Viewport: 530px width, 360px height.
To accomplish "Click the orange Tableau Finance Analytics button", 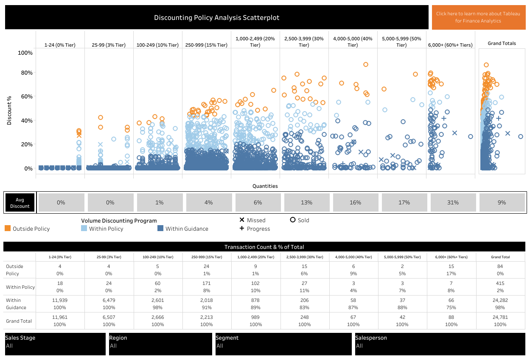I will point(478,17).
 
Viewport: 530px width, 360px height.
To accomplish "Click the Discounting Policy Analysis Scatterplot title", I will point(216,17).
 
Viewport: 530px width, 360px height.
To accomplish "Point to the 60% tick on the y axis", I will point(25,97).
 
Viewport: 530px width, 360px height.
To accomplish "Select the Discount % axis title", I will point(9,109).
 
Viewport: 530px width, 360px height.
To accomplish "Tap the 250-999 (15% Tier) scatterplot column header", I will point(206,45).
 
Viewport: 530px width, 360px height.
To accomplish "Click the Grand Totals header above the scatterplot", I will point(502,43).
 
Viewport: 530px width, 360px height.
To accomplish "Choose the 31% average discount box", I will point(453,203).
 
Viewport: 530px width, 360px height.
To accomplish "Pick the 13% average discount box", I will point(306,203).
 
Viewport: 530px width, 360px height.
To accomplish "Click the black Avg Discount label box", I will point(20,203).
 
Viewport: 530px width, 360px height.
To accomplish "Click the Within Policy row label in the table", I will point(20,287).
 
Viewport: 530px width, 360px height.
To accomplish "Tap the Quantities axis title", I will point(265,186).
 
